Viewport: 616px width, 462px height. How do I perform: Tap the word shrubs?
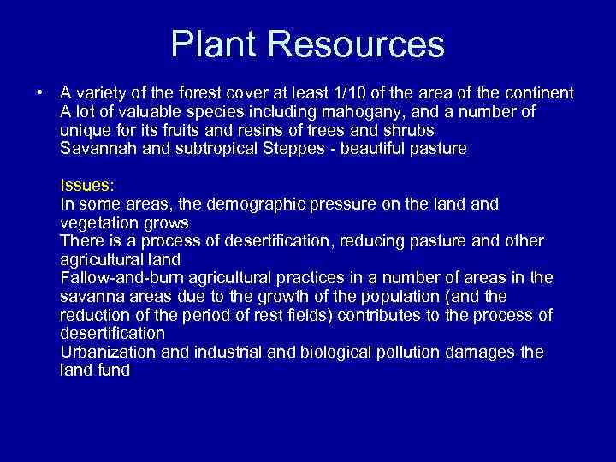coord(407,130)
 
